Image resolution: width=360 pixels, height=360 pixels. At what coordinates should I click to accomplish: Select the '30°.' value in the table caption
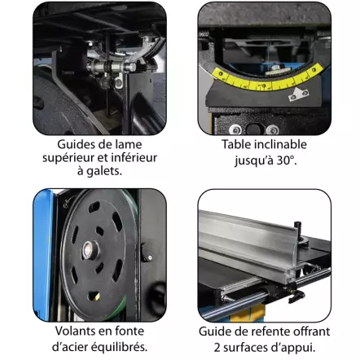pyautogui.click(x=287, y=160)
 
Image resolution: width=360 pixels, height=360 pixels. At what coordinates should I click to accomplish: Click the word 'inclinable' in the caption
pyautogui.click(x=280, y=144)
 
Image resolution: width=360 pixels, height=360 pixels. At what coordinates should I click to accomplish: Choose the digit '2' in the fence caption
pyautogui.click(x=217, y=348)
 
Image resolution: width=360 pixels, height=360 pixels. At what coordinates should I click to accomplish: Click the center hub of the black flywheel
pyautogui.click(x=89, y=249)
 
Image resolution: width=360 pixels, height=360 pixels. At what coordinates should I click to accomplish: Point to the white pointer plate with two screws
pyautogui.click(x=298, y=94)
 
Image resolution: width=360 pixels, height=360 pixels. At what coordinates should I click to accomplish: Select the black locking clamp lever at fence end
pyautogui.click(x=296, y=296)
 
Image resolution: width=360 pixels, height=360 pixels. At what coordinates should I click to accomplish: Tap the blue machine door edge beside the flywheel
pyautogui.click(x=43, y=254)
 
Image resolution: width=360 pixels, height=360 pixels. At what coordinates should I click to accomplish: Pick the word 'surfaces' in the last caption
pyautogui.click(x=241, y=348)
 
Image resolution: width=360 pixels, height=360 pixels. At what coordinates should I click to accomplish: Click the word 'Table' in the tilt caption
pyautogui.click(x=236, y=144)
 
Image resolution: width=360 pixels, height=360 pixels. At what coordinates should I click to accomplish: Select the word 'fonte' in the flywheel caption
pyautogui.click(x=130, y=331)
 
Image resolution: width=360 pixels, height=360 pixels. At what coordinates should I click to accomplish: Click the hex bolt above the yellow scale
pyautogui.click(x=275, y=67)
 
